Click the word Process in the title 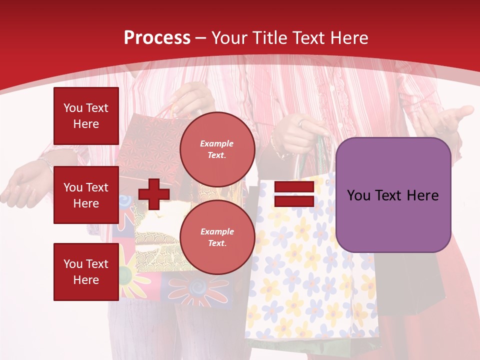click(157, 38)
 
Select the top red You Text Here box click(86, 116)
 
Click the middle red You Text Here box click(86, 195)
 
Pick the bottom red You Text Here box click(86, 271)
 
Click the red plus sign click(154, 194)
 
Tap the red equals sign click(294, 194)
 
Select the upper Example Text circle click(217, 149)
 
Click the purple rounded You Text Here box click(393, 195)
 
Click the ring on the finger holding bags click(301, 122)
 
